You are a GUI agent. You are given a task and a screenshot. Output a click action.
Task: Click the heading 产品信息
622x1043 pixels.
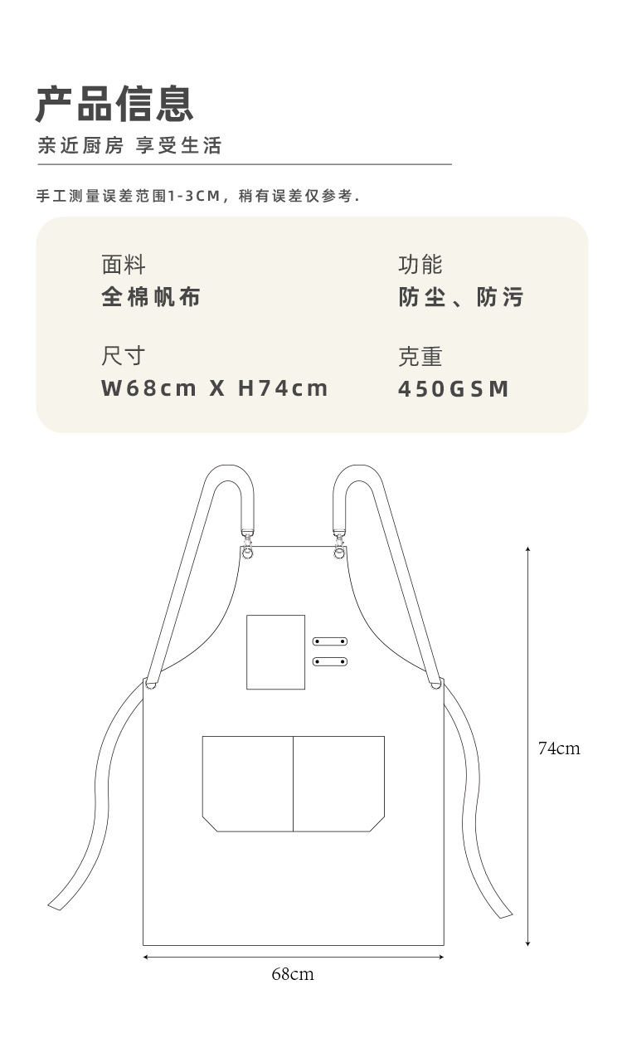(x=114, y=104)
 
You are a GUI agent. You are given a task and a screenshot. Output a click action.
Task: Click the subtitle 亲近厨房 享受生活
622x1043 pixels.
(x=129, y=146)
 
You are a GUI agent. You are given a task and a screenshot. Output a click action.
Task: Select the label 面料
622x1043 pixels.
(x=124, y=265)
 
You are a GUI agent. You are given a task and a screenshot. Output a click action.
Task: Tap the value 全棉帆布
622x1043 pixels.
(x=151, y=297)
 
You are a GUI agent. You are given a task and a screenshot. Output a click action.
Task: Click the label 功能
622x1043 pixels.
(x=420, y=265)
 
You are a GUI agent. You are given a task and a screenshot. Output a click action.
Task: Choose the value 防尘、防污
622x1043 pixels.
(x=461, y=297)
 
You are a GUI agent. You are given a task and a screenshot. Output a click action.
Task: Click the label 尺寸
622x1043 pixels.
(x=124, y=356)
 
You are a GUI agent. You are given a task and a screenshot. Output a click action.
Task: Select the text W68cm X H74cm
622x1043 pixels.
(x=215, y=388)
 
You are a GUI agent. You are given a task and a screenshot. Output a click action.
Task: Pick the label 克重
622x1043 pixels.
(x=420, y=357)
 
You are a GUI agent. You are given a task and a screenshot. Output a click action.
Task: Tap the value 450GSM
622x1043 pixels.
(x=454, y=389)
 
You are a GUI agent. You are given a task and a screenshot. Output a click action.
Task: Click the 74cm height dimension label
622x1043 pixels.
(x=559, y=748)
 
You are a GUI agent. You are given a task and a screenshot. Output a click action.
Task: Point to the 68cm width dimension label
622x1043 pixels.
(x=293, y=974)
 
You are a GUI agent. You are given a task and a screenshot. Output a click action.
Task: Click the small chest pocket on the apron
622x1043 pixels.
(x=275, y=652)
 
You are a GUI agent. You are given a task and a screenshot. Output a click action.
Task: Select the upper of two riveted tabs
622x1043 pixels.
(x=329, y=641)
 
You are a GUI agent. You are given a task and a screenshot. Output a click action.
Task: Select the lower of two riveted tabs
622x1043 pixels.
(x=329, y=661)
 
